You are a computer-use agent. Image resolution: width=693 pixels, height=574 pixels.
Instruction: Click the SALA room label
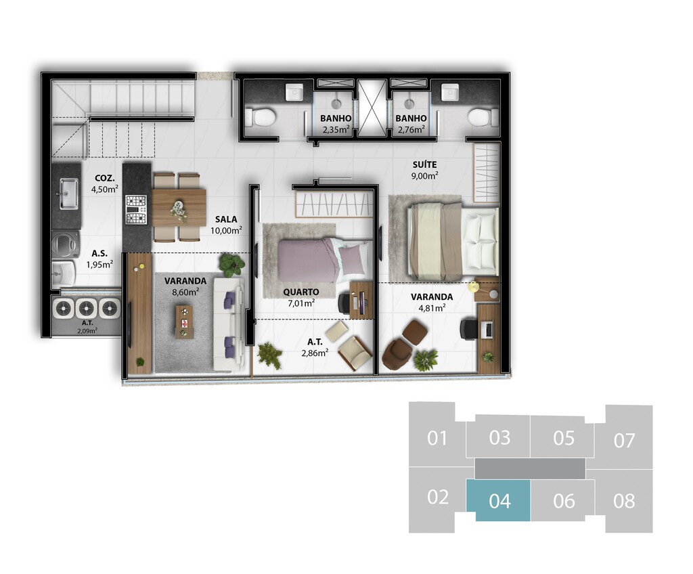tap(226, 219)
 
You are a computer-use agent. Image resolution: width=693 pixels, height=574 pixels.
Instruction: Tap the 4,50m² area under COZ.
tap(105, 190)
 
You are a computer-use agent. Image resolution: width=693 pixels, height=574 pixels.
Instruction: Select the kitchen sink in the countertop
tap(69, 193)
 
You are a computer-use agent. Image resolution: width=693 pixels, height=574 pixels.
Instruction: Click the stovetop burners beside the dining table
tap(136, 210)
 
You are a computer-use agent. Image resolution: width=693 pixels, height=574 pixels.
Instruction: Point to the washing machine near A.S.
tap(66, 244)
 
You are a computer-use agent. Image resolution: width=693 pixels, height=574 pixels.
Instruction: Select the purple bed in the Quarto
tap(324, 261)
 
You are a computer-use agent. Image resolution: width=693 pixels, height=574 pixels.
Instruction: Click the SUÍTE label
tap(425, 164)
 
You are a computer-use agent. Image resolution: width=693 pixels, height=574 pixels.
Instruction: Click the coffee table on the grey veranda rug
tap(184, 322)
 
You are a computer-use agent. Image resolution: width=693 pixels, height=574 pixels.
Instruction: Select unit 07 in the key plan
tap(624, 440)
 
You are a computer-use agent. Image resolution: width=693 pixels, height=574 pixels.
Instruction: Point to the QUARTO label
tap(301, 292)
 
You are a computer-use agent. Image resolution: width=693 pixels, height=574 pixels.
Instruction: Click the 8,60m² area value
tap(185, 292)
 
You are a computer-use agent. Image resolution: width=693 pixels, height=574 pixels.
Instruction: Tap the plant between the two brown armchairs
tap(426, 359)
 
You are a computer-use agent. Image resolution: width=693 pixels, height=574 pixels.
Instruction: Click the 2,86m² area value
tap(315, 353)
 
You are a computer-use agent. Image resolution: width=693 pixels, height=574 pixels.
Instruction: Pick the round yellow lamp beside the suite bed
tap(474, 286)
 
